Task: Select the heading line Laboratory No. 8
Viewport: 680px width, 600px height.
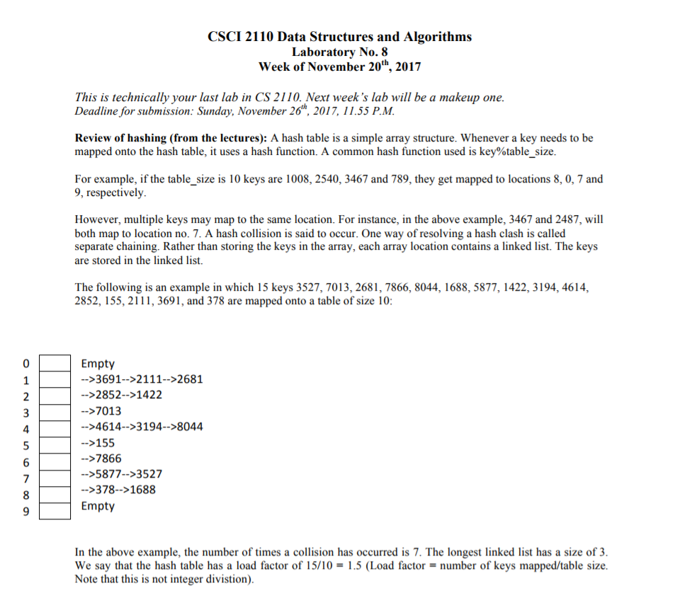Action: pos(340,52)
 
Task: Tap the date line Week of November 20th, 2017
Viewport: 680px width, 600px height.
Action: pos(340,67)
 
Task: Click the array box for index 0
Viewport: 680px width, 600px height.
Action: pos(55,364)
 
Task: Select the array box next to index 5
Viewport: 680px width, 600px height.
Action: pos(55,444)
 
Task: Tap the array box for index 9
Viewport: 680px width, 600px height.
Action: pos(55,509)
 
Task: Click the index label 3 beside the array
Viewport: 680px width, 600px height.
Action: pos(26,412)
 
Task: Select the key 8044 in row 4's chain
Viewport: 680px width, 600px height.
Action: pos(189,427)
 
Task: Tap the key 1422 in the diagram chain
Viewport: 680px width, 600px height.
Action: pos(149,395)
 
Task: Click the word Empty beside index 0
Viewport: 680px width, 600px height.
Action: pos(98,364)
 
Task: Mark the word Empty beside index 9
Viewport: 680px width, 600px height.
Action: pos(98,506)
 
